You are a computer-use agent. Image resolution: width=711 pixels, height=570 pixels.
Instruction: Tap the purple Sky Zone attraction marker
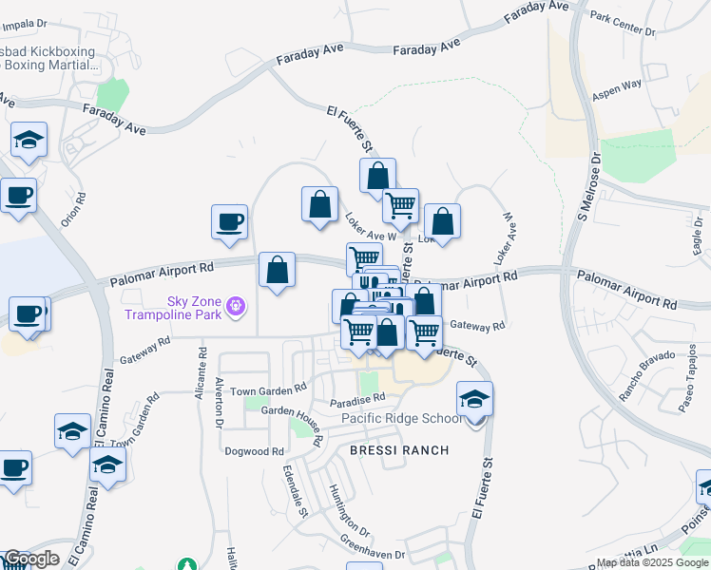[x=237, y=307]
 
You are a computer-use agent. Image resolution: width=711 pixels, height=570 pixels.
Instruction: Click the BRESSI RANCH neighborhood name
[x=399, y=449]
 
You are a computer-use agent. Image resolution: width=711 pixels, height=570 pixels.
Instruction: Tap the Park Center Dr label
[x=623, y=24]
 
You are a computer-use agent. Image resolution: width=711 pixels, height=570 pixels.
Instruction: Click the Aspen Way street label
[x=617, y=89]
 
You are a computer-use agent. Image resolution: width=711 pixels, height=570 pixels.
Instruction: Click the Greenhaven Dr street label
[x=374, y=550]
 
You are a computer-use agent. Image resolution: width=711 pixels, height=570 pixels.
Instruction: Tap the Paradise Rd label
[x=357, y=398]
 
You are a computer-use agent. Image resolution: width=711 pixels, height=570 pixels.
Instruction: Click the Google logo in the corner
[x=30, y=559]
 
